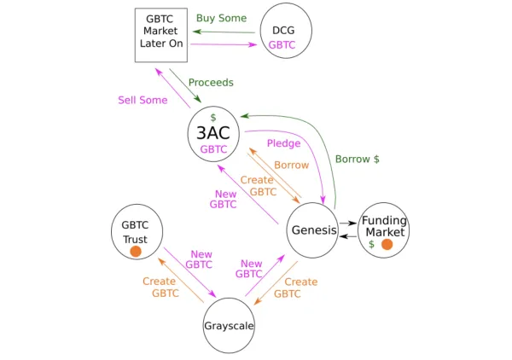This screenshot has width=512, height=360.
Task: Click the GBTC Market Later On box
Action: pyautogui.click(x=161, y=35)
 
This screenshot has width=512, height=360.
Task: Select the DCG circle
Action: pyautogui.click(x=284, y=32)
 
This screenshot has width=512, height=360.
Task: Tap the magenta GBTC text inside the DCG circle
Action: pyautogui.click(x=282, y=45)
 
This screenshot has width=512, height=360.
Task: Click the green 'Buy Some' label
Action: pyautogui.click(x=221, y=18)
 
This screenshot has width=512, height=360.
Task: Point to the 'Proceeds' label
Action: pyautogui.click(x=211, y=83)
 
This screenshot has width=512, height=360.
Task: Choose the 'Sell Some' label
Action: pyautogui.click(x=143, y=101)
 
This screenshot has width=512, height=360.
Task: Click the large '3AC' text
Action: pyautogui.click(x=213, y=133)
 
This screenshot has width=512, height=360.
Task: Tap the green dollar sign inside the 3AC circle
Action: pyautogui.click(x=213, y=117)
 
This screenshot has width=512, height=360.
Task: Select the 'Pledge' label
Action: pyautogui.click(x=283, y=143)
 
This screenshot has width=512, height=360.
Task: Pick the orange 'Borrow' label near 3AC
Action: pyautogui.click(x=291, y=165)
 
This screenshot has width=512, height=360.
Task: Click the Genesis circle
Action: pyautogui.click(x=313, y=230)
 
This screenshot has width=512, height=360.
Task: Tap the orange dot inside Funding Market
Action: pyautogui.click(x=387, y=245)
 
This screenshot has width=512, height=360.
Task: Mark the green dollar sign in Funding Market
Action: pyautogui.click(x=371, y=245)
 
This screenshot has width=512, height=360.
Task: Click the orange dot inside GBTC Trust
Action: pyautogui.click(x=135, y=252)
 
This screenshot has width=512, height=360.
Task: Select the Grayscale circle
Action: pyautogui.click(x=229, y=326)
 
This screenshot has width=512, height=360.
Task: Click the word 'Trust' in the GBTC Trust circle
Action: pyautogui.click(x=135, y=239)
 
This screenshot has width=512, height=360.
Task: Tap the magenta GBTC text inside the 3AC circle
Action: pyautogui.click(x=213, y=149)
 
